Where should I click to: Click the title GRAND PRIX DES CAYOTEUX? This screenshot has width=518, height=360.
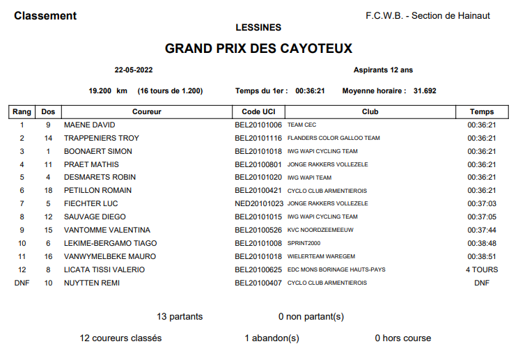pyautogui.click(x=258, y=49)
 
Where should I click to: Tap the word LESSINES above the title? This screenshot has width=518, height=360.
pyautogui.click(x=258, y=27)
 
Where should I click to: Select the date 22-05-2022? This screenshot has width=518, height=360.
pyautogui.click(x=134, y=70)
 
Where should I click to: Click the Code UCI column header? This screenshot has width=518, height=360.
pyautogui.click(x=258, y=111)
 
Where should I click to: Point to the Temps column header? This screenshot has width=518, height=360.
pyautogui.click(x=482, y=111)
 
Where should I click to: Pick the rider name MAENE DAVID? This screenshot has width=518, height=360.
pyautogui.click(x=89, y=125)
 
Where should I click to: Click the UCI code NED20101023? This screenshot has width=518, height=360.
pyautogui.click(x=259, y=203)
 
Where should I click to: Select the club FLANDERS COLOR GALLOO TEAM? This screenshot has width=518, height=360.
pyautogui.click(x=333, y=138)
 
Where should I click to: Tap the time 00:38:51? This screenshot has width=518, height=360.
pyautogui.click(x=482, y=256)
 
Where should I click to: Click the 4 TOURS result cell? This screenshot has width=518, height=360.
pyautogui.click(x=482, y=269)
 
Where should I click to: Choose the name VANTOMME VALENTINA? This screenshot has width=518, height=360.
pyautogui.click(x=107, y=230)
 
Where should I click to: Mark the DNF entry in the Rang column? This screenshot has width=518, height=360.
pyautogui.click(x=22, y=283)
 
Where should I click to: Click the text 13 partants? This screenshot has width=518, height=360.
pyautogui.click(x=180, y=317)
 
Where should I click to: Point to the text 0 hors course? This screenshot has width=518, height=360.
pyautogui.click(x=402, y=338)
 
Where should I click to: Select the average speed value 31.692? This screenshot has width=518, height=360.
pyautogui.click(x=425, y=91)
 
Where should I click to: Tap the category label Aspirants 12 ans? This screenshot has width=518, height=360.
pyautogui.click(x=383, y=70)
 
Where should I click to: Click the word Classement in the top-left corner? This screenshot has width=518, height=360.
pyautogui.click(x=45, y=16)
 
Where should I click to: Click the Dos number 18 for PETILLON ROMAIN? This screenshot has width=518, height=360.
pyautogui.click(x=48, y=190)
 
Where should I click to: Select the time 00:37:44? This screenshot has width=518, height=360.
pyautogui.click(x=482, y=230)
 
